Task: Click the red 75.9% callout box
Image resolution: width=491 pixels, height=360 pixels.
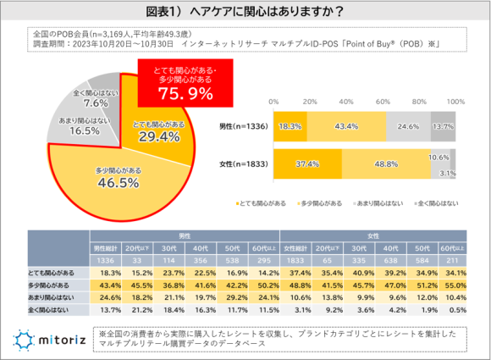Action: point(177,83)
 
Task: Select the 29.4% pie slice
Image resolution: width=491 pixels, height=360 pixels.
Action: point(157,131)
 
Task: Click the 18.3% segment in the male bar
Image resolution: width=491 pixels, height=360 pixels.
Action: point(287,125)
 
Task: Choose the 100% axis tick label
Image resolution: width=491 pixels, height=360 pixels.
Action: point(454,101)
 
